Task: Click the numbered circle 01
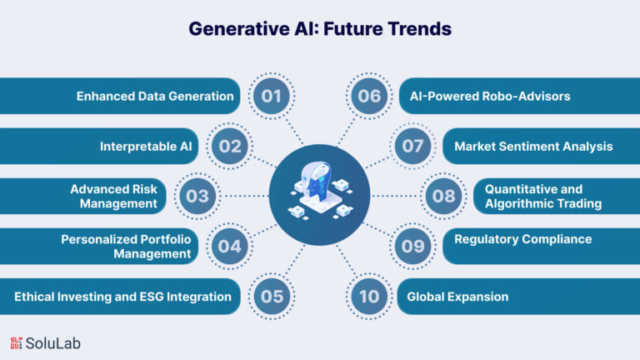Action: pos(272,96)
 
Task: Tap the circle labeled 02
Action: pos(230,146)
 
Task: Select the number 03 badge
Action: pos(197,196)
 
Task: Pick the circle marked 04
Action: pos(230,246)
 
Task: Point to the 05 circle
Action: pos(272,297)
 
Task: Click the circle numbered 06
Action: pos(369,96)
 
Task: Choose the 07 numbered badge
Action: pos(412,146)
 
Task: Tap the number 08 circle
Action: pos(443,196)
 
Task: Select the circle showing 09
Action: pos(412,246)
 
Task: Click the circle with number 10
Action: pos(369,297)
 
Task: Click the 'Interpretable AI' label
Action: pos(146,147)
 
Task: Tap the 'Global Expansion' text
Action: pos(457,297)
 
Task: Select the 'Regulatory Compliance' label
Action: pos(522,239)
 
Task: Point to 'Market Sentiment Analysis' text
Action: pos(533,147)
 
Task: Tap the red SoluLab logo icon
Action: pos(16,343)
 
